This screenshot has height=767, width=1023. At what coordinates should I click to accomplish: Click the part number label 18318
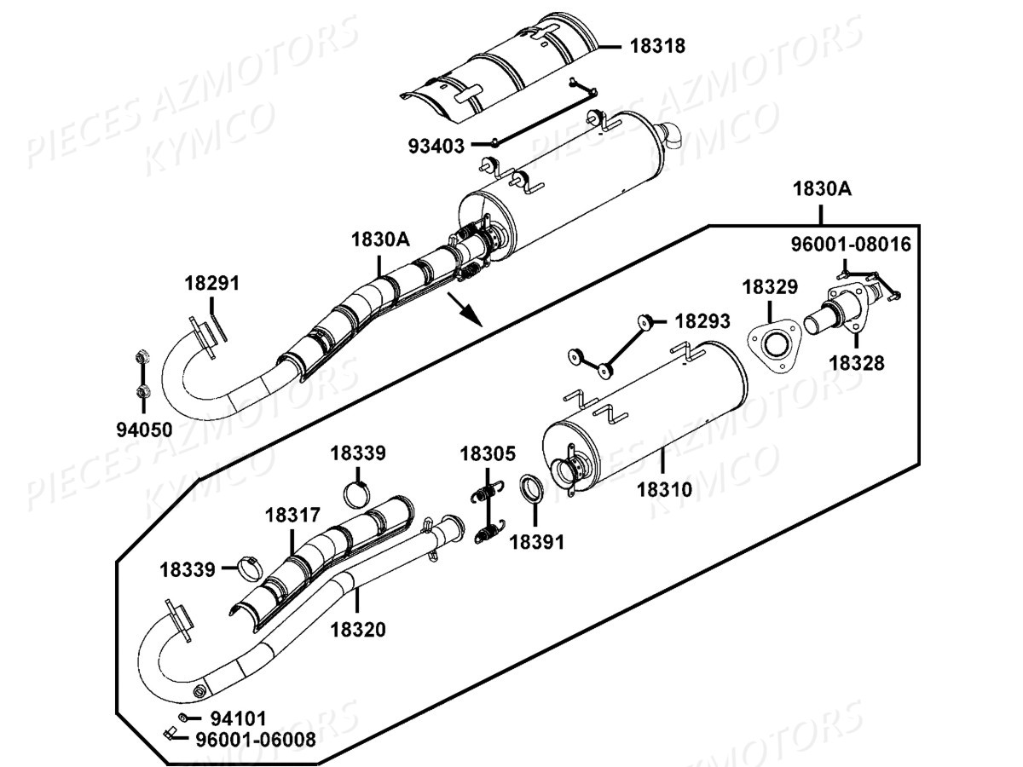coord(657,46)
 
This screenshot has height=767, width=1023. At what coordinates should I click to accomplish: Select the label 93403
coord(436,147)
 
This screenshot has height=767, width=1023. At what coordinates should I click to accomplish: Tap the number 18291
coord(212,284)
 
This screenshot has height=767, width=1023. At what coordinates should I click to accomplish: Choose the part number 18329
coord(770,287)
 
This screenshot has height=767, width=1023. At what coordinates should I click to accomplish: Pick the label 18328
coord(857,364)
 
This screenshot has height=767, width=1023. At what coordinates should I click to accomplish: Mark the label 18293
coord(702,321)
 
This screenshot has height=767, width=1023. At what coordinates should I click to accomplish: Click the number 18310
coord(664,490)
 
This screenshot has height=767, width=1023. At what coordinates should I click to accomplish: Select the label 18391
coord(537,541)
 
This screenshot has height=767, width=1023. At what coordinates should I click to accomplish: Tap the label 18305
coord(488,454)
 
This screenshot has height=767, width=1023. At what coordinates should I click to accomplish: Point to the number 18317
coord(292,515)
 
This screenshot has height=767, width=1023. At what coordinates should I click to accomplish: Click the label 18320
coord(358,630)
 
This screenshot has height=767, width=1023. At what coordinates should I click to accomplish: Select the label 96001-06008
coord(255,739)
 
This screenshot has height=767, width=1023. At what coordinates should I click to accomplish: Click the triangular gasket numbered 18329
coord(774,347)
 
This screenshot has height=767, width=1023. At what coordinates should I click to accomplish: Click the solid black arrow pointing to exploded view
coord(466,312)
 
